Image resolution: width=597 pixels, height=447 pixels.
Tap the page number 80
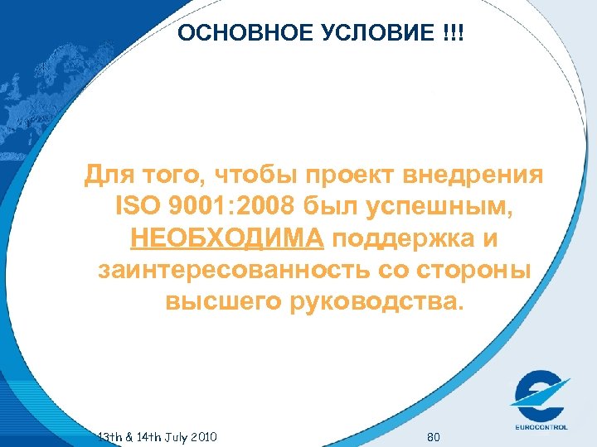432,435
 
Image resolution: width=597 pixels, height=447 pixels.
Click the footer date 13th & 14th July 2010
157,435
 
